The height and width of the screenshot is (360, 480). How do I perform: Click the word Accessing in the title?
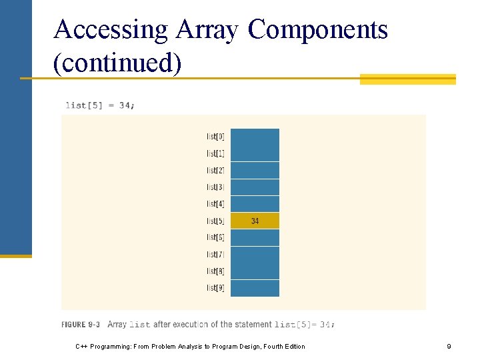click(x=111, y=30)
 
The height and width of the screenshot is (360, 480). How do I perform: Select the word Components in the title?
click(x=317, y=30)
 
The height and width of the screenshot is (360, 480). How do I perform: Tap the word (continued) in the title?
click(x=117, y=63)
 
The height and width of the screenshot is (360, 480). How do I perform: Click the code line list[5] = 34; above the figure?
click(x=99, y=105)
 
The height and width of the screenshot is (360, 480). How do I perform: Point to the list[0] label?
click(x=215, y=137)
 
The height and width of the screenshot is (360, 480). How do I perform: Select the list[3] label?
click(x=215, y=187)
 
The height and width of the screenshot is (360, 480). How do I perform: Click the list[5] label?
click(x=215, y=221)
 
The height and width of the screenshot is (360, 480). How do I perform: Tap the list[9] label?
click(x=215, y=288)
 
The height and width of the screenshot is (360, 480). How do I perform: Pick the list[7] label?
click(x=215, y=254)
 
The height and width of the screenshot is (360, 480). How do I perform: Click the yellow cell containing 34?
click(x=255, y=221)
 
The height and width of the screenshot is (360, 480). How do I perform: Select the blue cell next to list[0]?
click(x=255, y=137)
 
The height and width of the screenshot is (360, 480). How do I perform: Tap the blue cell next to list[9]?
click(x=255, y=288)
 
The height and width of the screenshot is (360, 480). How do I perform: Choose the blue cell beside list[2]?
click(x=255, y=171)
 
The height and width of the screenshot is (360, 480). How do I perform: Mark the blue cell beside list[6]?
click(x=255, y=237)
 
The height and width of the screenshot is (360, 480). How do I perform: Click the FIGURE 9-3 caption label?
click(x=81, y=325)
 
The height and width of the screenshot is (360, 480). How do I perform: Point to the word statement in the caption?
click(x=253, y=325)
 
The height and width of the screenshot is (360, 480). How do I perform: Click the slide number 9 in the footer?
click(x=449, y=347)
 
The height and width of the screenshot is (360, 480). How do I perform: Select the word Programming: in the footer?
click(x=111, y=347)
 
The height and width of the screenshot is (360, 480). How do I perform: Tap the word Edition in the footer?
click(x=293, y=347)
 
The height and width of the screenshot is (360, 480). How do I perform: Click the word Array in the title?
click(x=209, y=30)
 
